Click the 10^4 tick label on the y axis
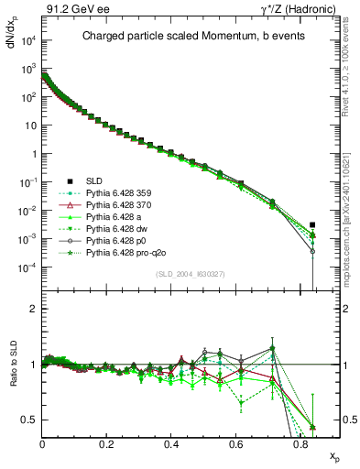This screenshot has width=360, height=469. point(27,40)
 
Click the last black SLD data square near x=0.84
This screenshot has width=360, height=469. point(313,224)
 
